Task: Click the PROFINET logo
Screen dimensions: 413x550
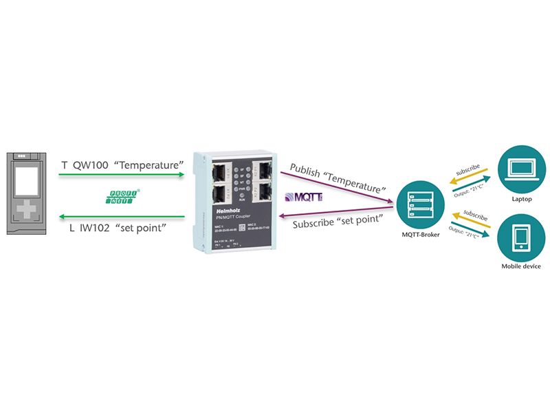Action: coord(124,198)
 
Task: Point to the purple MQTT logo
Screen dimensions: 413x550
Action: coord(302,198)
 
